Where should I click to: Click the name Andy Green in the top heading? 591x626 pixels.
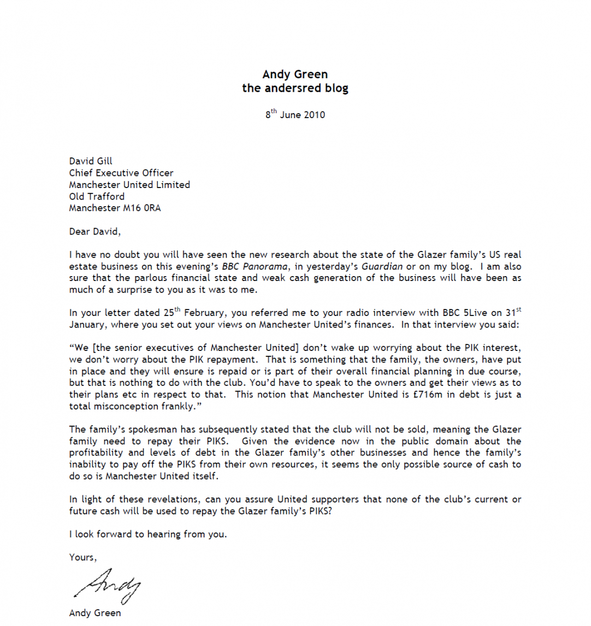[295, 74]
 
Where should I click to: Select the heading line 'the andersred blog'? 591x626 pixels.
[295, 88]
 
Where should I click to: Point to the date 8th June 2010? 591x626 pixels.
[295, 115]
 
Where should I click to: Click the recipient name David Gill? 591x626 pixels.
[91, 161]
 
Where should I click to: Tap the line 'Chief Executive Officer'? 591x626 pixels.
[121, 173]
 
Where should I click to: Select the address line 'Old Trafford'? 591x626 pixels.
[97, 196]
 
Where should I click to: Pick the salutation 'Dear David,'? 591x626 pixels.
[94, 231]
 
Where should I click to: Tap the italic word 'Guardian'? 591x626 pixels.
[382, 267]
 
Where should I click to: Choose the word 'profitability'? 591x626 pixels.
[99, 453]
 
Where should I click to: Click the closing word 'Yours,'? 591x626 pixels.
[83, 558]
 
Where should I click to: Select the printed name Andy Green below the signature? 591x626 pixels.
[95, 613]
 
